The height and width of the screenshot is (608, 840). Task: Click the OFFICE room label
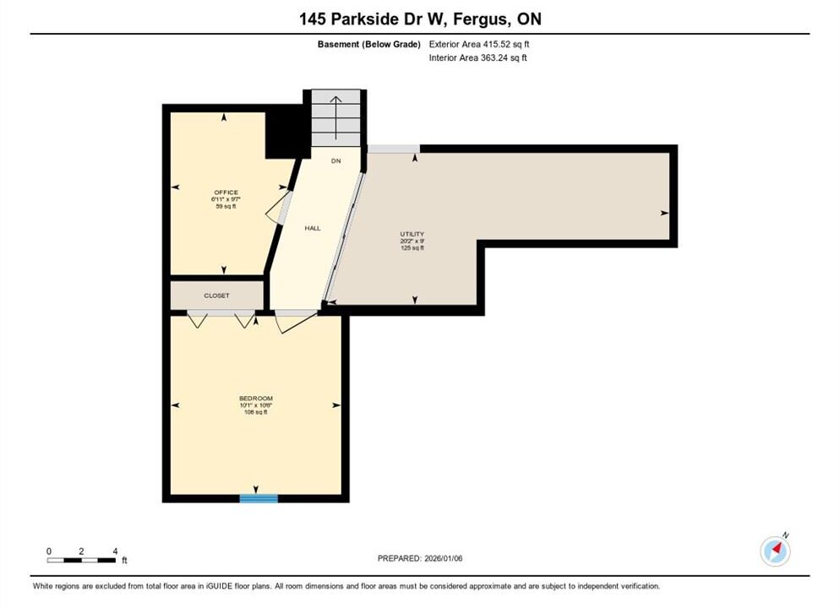coord(226,193)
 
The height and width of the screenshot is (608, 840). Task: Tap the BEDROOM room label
coord(256,399)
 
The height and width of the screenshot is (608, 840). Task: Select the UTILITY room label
coord(412,234)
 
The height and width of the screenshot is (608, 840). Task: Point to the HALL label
coord(313,228)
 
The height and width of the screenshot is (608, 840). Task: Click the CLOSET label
coord(216,296)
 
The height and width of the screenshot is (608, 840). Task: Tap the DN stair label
coord(335,160)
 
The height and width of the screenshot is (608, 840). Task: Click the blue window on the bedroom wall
coord(259,498)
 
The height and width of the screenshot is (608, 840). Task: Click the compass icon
coord(775,551)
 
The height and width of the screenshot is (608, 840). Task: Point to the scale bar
coord(81,561)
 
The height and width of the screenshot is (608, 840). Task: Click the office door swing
coord(278,209)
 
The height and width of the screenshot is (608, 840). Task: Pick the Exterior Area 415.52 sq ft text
coord(479,45)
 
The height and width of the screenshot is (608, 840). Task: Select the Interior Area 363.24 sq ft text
coord(477,57)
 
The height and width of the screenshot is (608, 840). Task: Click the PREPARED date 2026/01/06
coord(444,558)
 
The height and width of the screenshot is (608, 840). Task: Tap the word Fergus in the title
coord(481,19)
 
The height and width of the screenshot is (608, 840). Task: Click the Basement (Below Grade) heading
coord(369,45)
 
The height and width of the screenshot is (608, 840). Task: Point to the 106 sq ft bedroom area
coord(256,412)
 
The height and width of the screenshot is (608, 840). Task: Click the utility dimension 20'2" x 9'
coord(412,241)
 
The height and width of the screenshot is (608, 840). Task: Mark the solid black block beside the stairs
coord(287,132)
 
